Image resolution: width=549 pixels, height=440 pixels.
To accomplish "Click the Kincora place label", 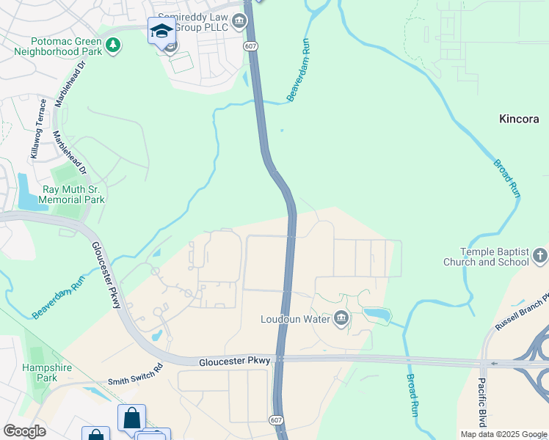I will tap(519, 118).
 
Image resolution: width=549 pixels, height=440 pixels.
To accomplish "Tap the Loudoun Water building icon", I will tap(341, 318).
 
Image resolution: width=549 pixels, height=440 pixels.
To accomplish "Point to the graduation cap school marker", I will tap(161, 31).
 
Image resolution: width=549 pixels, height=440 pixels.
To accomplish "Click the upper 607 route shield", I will tap(251, 46).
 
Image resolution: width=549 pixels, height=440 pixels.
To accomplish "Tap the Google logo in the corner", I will tap(24, 430).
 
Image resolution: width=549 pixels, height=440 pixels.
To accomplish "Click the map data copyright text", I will tap(503, 434).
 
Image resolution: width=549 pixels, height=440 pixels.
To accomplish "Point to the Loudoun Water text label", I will tap(297, 319).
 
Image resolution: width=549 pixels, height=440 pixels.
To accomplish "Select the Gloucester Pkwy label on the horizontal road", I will tap(235, 361).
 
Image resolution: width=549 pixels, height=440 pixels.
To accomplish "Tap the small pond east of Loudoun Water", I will tap(377, 315).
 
